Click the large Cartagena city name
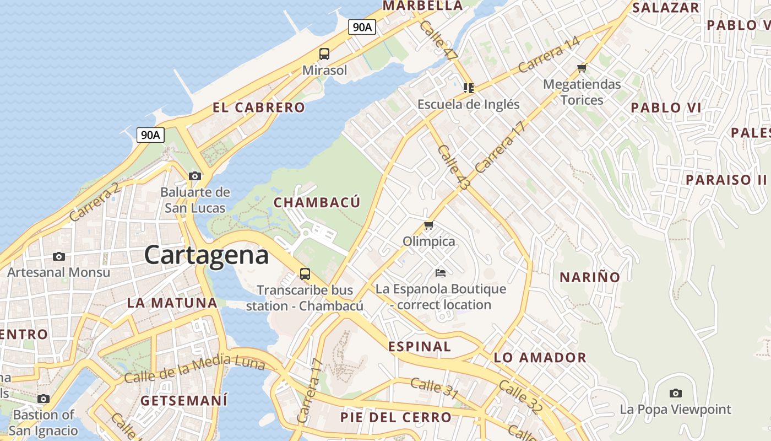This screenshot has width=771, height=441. [207, 255]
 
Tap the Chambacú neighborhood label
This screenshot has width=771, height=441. [317, 202]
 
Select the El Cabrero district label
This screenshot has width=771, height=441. [259, 107]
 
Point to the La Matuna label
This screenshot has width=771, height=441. [172, 303]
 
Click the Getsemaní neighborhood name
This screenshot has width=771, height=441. [184, 400]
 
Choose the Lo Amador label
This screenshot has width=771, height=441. [540, 357]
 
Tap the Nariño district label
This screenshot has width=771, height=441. [590, 277]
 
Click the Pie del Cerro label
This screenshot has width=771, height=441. [396, 417]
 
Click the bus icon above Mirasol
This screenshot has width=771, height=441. [324, 54]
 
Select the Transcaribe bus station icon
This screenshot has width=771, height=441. [305, 273]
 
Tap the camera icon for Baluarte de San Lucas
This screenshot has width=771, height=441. [194, 176]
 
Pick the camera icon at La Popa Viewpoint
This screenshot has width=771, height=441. [675, 393]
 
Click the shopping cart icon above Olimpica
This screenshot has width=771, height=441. [428, 225]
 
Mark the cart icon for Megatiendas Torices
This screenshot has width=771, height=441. [582, 68]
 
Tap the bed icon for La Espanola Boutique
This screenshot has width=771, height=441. [440, 272]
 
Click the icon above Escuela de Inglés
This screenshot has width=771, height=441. [468, 88]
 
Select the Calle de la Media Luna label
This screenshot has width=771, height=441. [194, 370]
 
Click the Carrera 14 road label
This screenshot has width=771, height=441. [549, 54]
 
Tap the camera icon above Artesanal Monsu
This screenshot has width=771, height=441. [58, 256]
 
